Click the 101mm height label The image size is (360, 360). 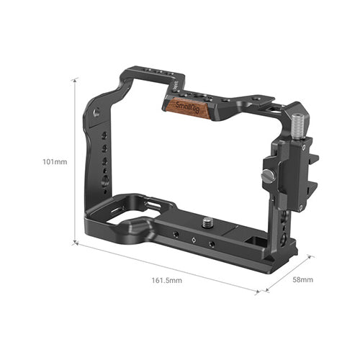[55, 161]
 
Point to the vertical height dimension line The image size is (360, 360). [73, 161]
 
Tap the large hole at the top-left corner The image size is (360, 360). [98, 112]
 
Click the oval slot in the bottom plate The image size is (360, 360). [153, 207]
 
